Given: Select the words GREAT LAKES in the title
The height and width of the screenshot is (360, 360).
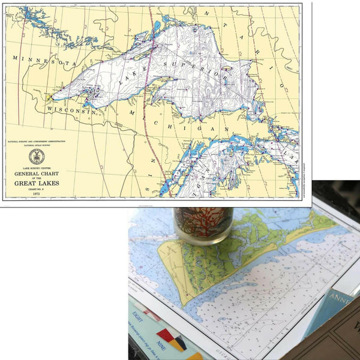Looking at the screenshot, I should point(37,183).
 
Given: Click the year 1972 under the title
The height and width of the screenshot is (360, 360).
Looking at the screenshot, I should point(37,194).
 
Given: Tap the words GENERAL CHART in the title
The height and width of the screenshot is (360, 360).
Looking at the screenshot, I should point(37,173).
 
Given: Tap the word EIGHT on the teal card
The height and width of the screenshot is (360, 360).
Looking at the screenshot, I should point(139,314).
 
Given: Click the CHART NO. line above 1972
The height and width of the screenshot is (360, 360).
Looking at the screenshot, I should point(37,188).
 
